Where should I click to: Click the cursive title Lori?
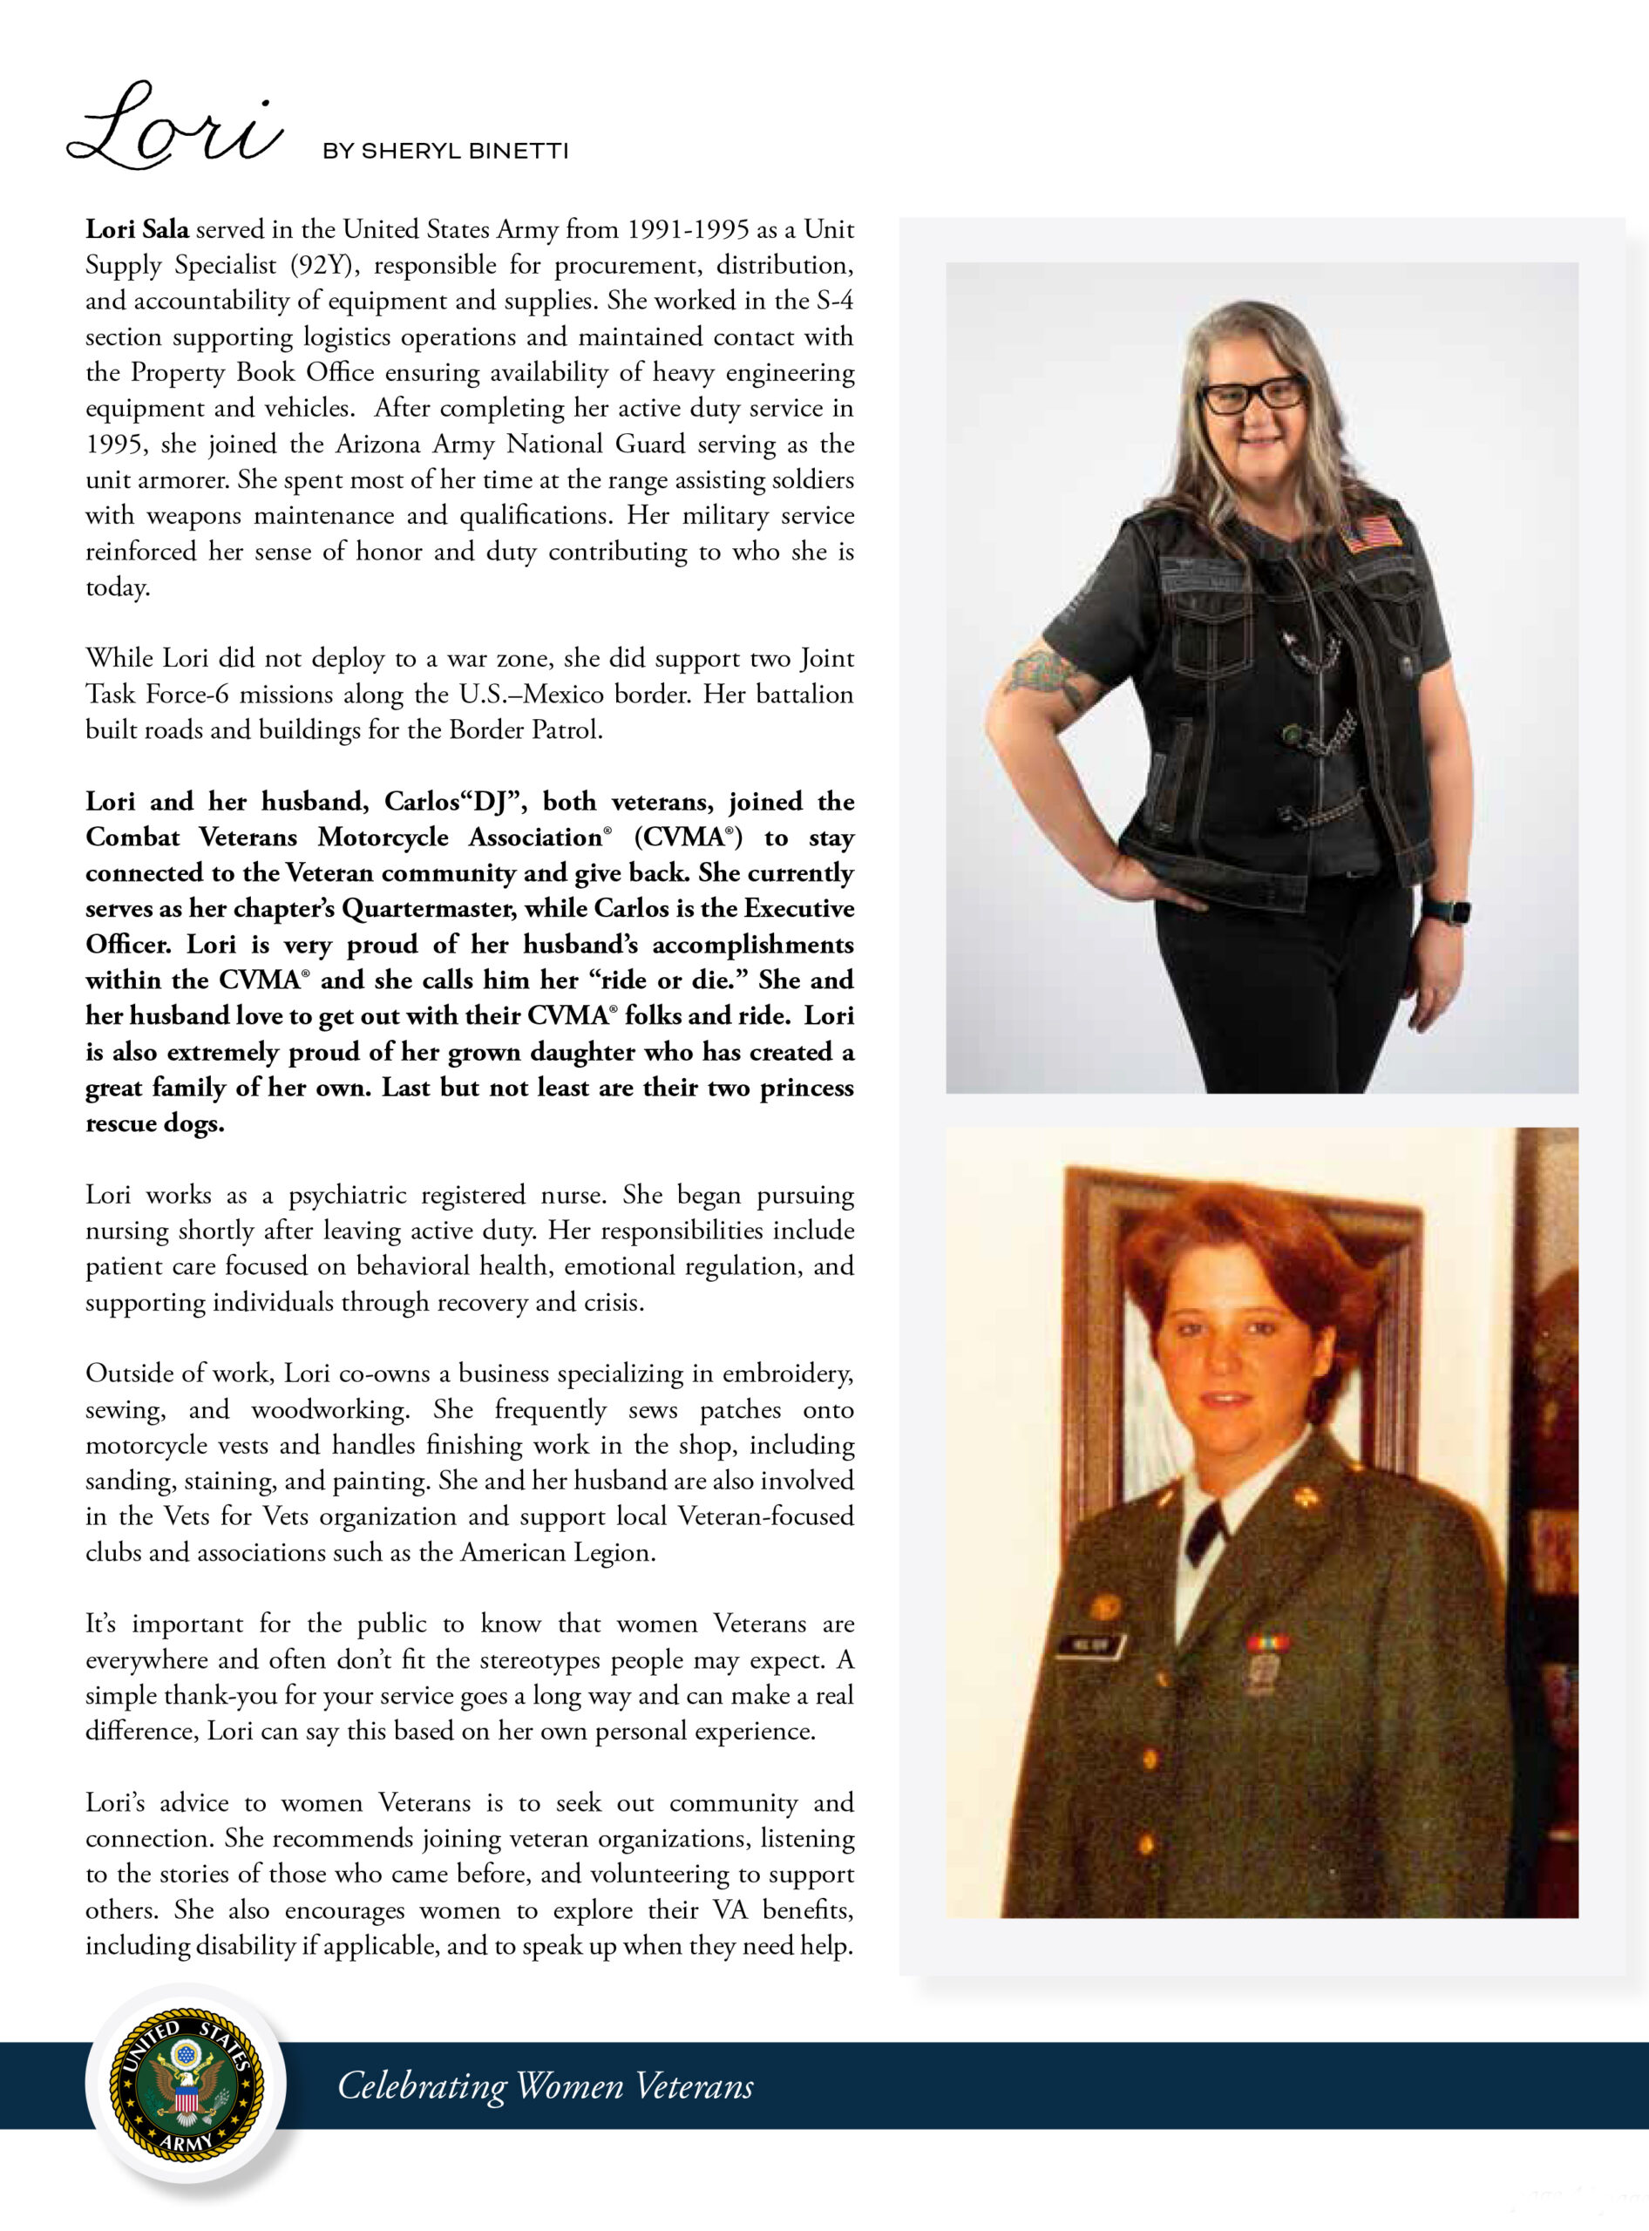coord(174,128)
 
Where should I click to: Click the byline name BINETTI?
coord(519,152)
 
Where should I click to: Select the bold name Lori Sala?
coord(137,229)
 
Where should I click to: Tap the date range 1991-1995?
coord(688,229)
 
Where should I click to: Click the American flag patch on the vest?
coord(1372,532)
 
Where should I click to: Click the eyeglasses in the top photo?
coord(1252,394)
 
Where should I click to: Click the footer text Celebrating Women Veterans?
coord(545,2085)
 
